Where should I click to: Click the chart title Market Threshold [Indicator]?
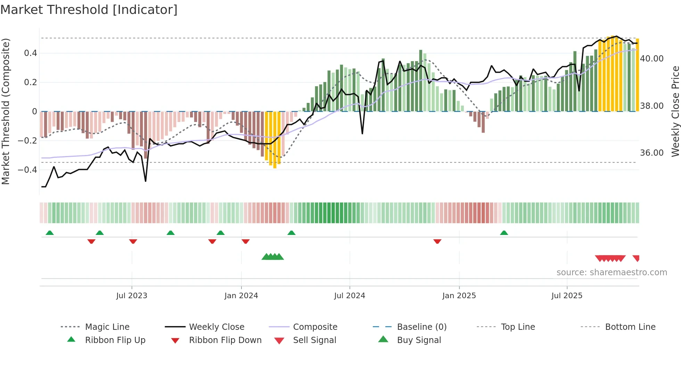(89, 10)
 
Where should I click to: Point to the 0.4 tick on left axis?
(30, 53)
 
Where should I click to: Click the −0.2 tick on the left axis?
(27, 141)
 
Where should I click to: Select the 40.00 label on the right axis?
(651, 59)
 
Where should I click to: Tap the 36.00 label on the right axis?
(651, 153)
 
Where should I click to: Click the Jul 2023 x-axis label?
(132, 296)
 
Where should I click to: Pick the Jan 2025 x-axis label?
(459, 296)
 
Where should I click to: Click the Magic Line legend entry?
(107, 327)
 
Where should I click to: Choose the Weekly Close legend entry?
(216, 327)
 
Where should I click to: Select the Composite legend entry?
(315, 327)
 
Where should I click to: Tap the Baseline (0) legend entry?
(421, 327)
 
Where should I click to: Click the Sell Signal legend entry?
(314, 340)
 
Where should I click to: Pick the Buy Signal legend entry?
(419, 340)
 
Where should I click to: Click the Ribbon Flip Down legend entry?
(225, 340)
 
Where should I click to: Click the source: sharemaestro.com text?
(612, 272)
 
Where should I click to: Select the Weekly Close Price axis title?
(675, 111)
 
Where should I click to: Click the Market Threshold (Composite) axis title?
(6, 111)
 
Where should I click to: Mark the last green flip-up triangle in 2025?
(504, 233)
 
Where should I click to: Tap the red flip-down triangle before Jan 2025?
(437, 241)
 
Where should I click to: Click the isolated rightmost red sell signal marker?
(636, 258)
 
